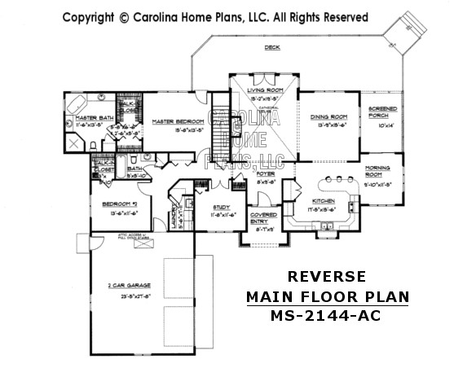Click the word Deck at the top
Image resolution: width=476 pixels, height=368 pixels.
[x=271, y=48]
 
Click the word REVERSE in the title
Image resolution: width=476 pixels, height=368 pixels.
[x=327, y=277]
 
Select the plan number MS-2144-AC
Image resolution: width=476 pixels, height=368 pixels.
[x=327, y=314]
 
